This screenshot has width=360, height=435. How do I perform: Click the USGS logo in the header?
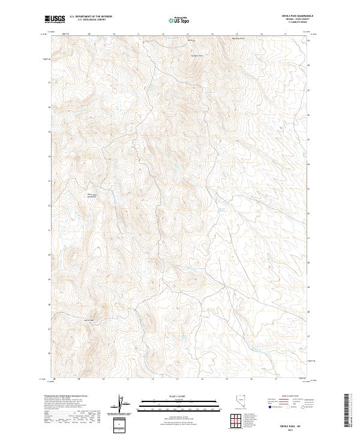point(55,20)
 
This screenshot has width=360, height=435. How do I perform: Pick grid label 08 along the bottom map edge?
point(55,380)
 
